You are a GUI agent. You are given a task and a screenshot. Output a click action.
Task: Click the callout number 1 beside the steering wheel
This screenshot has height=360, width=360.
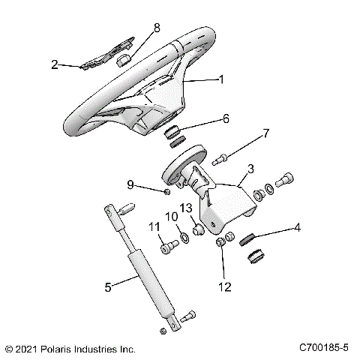point(220,78)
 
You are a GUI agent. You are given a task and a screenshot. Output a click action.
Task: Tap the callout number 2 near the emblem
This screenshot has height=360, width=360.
point(54,64)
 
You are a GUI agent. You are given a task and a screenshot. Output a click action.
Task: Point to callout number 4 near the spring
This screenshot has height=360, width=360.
point(298,226)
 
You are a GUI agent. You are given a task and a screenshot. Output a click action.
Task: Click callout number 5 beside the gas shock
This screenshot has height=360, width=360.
point(108,286)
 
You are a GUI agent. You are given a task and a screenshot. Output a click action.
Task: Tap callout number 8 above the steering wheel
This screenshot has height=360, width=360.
point(157,28)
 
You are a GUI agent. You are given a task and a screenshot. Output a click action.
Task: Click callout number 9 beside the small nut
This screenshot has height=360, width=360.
point(151,184)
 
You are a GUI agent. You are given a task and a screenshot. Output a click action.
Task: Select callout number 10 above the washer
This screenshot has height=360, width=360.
point(172,217)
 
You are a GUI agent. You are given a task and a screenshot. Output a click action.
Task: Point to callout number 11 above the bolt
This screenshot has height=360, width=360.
point(154,226)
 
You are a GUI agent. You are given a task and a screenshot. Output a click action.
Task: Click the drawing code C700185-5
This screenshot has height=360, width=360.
point(325,349)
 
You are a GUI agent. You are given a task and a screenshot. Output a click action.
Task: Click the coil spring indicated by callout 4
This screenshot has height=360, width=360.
point(249,240)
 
